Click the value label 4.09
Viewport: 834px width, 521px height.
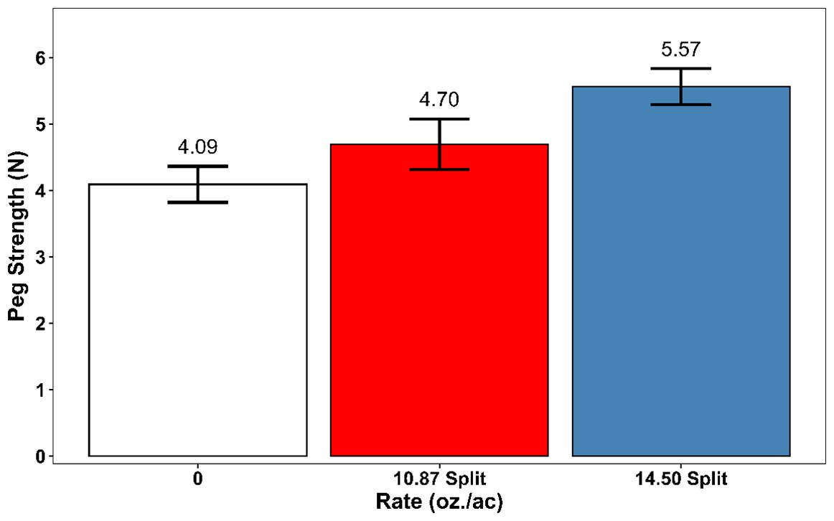(x=197, y=148)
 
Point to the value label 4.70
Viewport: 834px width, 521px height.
(x=439, y=100)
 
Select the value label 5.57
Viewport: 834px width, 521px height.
(x=680, y=50)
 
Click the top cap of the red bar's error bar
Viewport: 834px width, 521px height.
(x=439, y=119)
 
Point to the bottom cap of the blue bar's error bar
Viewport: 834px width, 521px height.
(x=680, y=105)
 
